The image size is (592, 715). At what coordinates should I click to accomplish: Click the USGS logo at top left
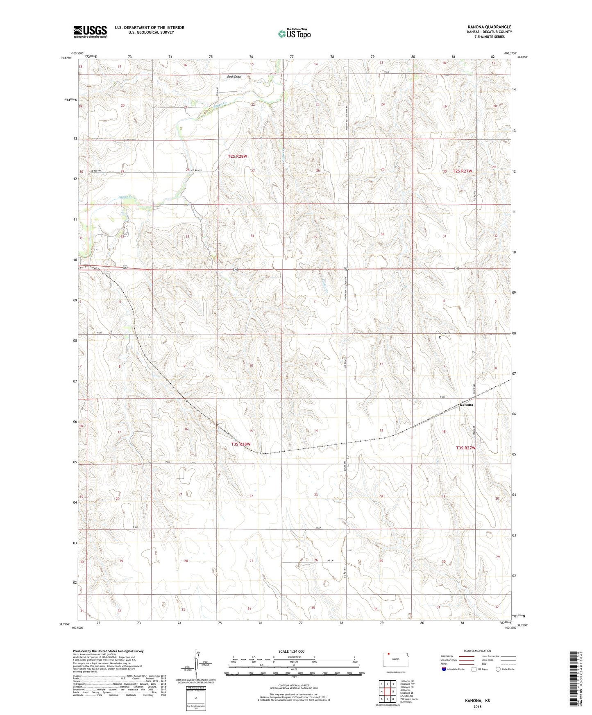pyautogui.click(x=90, y=32)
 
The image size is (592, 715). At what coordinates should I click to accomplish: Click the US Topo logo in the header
pyautogui.click(x=294, y=34)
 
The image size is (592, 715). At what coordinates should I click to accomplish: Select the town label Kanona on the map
pyautogui.click(x=466, y=405)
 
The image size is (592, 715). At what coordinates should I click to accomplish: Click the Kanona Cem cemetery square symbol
pyautogui.click(x=440, y=338)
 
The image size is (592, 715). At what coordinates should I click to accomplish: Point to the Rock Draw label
pyautogui.click(x=234, y=77)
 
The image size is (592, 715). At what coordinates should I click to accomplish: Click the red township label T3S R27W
pyautogui.click(x=466, y=448)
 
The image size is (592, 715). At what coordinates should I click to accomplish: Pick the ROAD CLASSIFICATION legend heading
pyautogui.click(x=477, y=651)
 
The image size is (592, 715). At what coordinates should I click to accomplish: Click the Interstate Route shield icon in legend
pyautogui.click(x=444, y=669)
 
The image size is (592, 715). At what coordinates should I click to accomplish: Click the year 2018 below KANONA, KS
pyautogui.click(x=477, y=707)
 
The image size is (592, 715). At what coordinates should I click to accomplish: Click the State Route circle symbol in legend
pyautogui.click(x=498, y=669)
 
